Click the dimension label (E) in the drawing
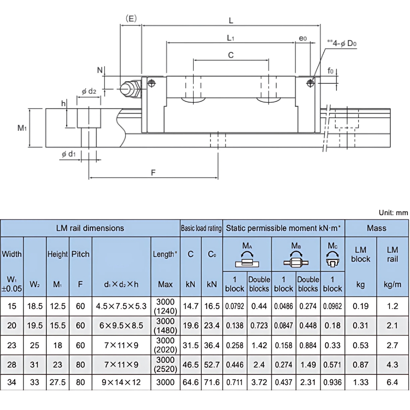click(131, 18)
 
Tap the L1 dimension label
click(230, 38)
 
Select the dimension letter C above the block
click(231, 55)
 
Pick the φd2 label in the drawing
click(89, 91)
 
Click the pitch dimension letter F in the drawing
click(153, 173)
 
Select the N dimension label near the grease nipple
click(100, 70)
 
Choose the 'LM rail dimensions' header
click(90, 228)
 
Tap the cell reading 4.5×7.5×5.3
click(121, 306)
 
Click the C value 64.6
click(190, 383)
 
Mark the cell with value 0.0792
click(235, 306)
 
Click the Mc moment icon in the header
click(332, 259)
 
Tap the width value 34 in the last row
click(12, 383)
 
